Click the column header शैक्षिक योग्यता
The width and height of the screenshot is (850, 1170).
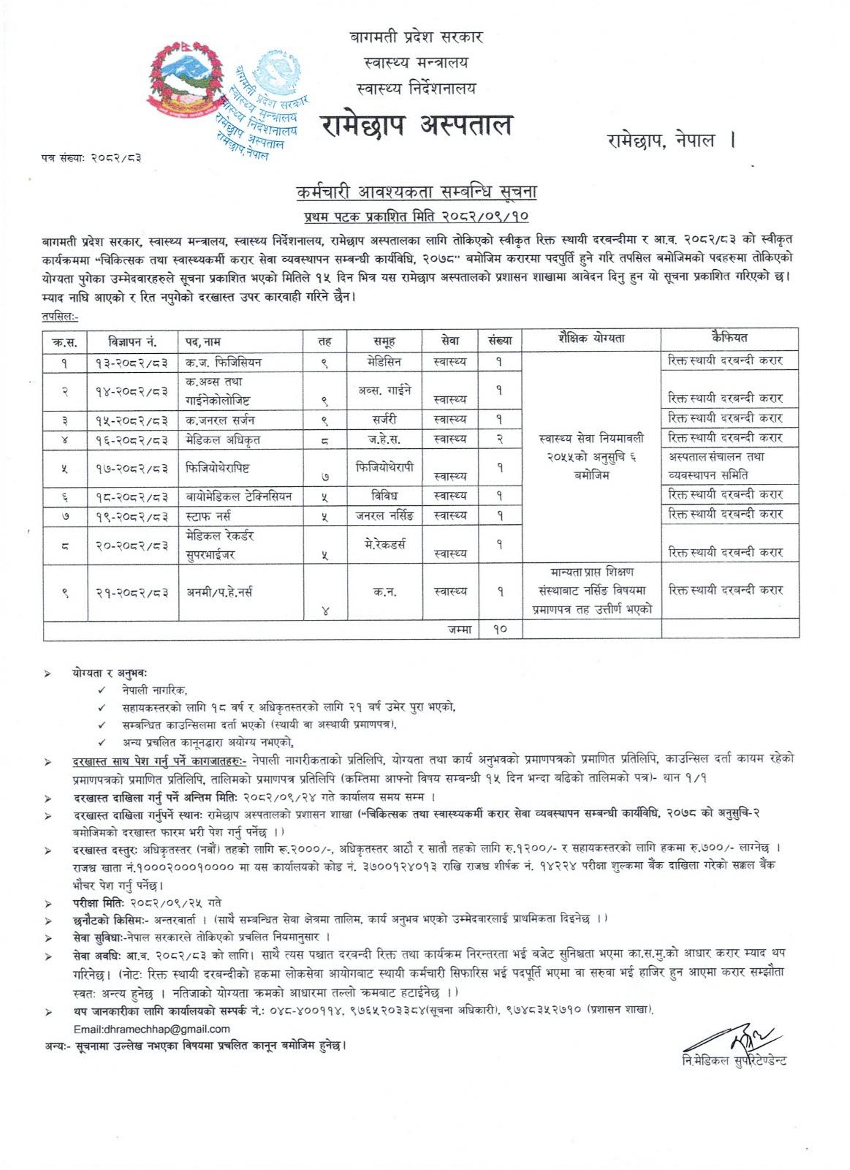click(x=591, y=339)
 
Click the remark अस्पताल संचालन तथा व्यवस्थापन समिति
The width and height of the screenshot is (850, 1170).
click(x=722, y=465)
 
